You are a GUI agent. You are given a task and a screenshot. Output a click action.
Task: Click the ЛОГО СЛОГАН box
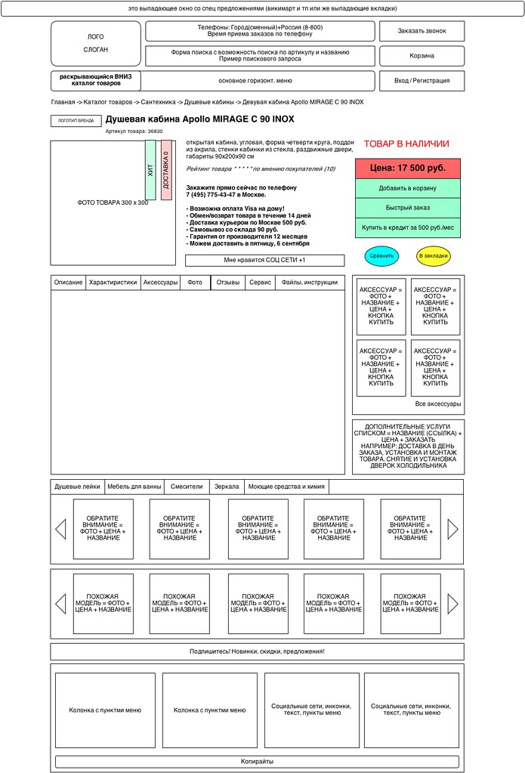96,43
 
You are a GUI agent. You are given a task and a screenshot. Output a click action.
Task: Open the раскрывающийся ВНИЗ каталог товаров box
96,80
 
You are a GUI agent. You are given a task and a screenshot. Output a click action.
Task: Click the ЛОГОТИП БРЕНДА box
76,121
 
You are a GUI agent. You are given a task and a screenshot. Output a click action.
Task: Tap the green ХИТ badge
150,170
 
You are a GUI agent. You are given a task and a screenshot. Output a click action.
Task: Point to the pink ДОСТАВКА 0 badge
166,170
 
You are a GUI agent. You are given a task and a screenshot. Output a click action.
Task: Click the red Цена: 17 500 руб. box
407,169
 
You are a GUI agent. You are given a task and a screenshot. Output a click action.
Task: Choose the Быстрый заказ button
407,208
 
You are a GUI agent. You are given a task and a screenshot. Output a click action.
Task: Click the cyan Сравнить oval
381,256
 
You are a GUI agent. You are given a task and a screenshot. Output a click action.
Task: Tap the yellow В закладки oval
433,256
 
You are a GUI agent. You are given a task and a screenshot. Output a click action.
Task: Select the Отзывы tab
229,283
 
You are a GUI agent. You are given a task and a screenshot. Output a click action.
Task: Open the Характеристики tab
113,283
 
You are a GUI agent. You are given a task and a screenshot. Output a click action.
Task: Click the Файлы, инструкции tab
310,283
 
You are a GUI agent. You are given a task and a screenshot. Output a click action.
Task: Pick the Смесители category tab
187,487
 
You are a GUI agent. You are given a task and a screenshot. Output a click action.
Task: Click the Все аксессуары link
438,404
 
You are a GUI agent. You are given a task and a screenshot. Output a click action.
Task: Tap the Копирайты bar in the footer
257,762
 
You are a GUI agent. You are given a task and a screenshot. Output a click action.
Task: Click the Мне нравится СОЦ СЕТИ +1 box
265,261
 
